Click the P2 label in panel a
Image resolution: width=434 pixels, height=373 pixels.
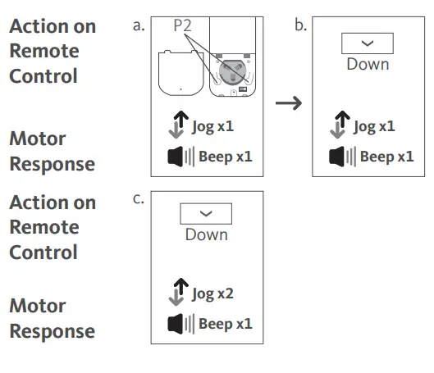tap(182, 26)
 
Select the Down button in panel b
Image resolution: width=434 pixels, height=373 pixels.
tap(367, 43)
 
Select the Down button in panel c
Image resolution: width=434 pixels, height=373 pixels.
tap(206, 213)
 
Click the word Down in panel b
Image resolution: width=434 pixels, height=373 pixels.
tap(368, 64)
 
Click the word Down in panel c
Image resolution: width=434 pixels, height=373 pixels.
tap(206, 234)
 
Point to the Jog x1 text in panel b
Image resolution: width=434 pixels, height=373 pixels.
tap(374, 126)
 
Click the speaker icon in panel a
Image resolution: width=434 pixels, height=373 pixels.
tap(176, 157)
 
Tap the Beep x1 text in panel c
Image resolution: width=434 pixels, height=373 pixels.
tap(225, 324)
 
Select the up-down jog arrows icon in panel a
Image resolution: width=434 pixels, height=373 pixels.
tap(175, 127)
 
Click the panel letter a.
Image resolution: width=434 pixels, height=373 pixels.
tap(138, 25)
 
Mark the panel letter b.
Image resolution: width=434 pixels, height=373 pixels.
tap(300, 25)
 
